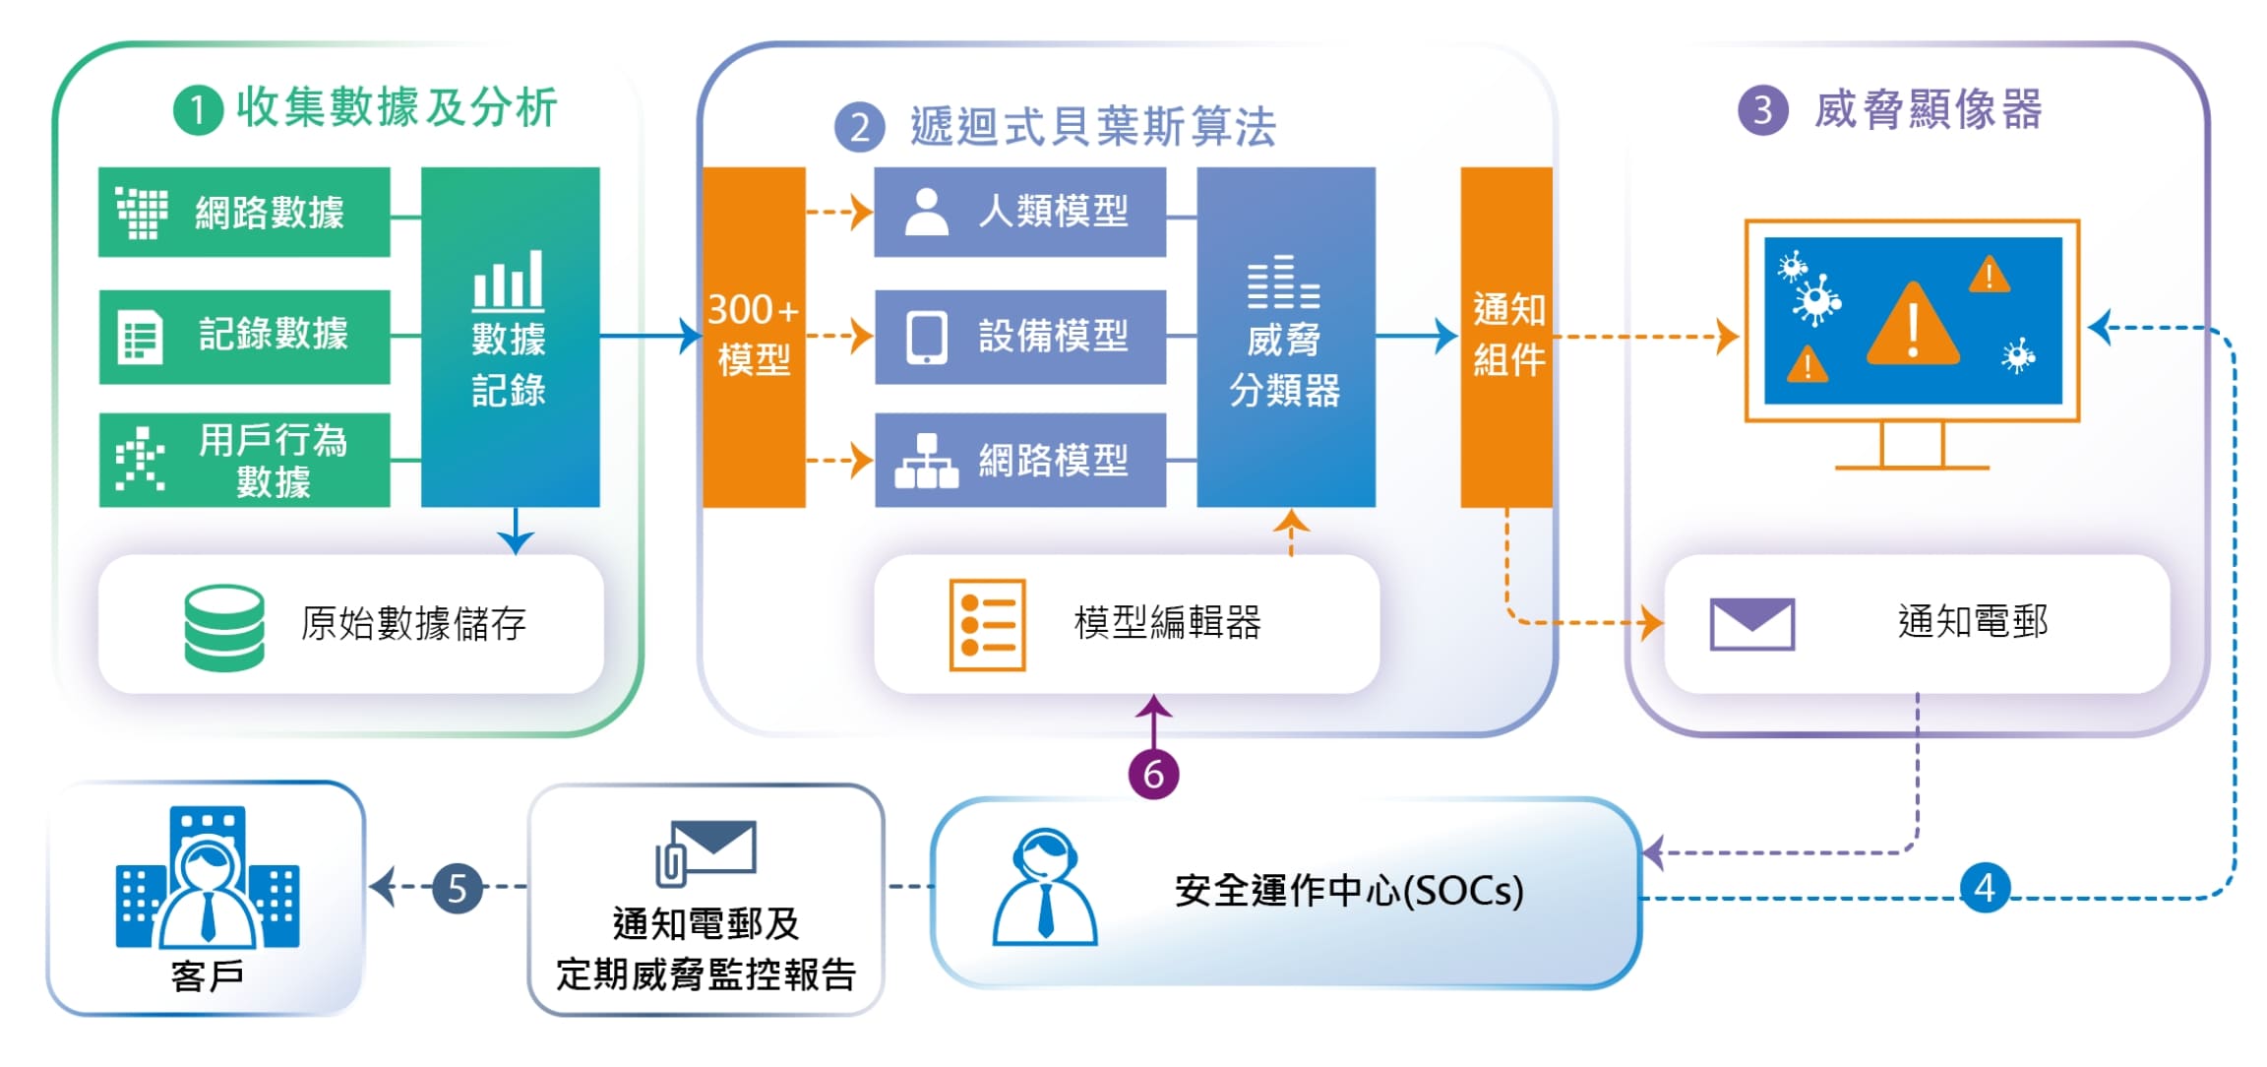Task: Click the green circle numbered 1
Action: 198,110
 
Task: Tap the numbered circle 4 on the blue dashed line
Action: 1984,888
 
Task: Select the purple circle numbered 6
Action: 1153,774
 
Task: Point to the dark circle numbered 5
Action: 458,888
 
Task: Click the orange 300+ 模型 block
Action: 754,337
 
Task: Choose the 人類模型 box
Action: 1019,212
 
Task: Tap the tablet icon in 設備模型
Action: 926,337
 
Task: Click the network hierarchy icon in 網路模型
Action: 926,461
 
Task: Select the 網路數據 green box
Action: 244,212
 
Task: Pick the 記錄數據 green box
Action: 244,336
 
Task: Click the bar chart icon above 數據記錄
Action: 508,280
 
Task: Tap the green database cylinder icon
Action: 224,627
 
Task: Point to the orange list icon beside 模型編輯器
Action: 987,624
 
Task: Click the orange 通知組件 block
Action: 1505,337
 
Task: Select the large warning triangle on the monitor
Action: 1912,325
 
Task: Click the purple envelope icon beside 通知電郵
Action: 1751,624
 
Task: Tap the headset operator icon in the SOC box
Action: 1045,887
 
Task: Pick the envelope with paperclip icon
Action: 705,852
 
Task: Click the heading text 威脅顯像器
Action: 1928,109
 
